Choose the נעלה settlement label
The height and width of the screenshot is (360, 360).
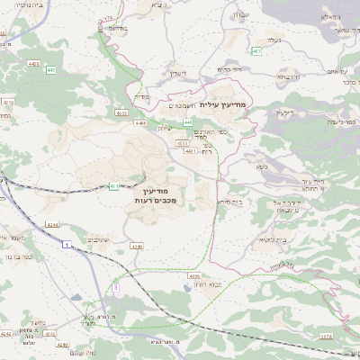pyautogui.click(x=274, y=40)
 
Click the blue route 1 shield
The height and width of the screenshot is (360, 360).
pyautogui.click(x=66, y=243)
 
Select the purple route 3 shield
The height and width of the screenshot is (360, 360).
pyautogui.click(x=115, y=286)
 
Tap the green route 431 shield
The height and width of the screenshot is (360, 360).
pyautogui.click(x=114, y=186)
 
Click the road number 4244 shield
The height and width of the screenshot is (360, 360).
pyautogui.click(x=51, y=224)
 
